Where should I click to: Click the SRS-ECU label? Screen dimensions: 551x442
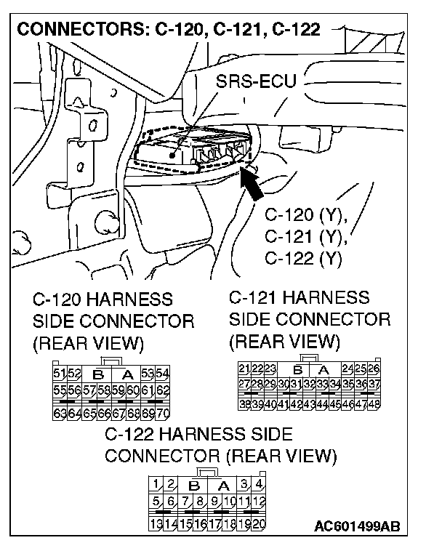[256, 81]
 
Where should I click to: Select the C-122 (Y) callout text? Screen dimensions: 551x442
[303, 257]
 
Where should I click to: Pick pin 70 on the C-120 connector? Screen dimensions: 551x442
[162, 414]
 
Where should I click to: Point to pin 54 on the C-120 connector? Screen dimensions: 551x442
[162, 374]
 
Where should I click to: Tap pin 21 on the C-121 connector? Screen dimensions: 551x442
[245, 369]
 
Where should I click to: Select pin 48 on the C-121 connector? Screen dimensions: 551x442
[375, 403]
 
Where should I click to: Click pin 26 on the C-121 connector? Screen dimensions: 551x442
[375, 369]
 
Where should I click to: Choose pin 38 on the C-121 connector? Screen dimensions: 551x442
[245, 403]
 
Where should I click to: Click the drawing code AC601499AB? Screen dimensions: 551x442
[358, 526]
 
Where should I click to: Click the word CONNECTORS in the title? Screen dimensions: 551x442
[81, 30]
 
